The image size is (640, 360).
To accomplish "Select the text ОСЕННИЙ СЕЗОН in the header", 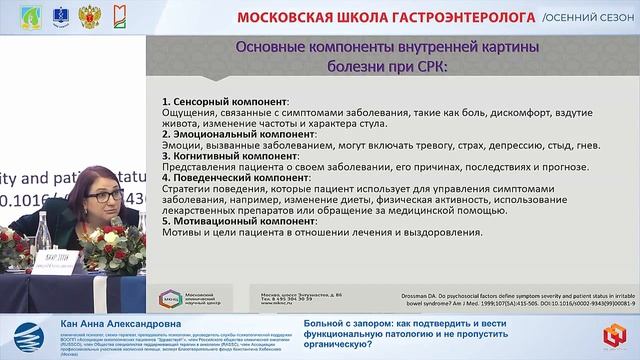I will coord(587,18).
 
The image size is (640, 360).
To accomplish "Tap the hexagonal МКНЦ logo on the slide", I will coord(168,299).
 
